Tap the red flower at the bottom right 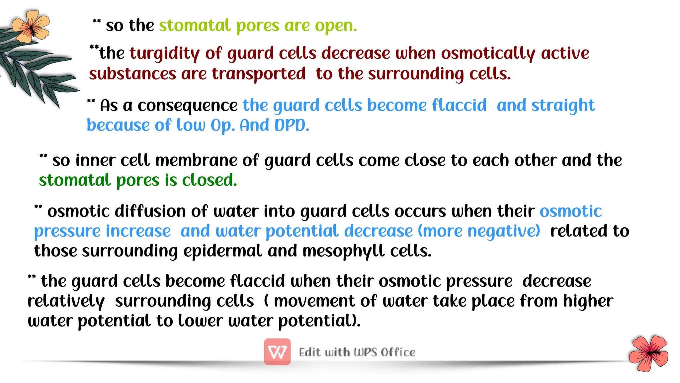649,353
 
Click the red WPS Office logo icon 277,352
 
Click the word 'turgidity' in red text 165,53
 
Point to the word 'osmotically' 488,53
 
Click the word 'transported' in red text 259,74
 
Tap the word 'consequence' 188,106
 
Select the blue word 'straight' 563,106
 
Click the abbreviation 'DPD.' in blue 292,126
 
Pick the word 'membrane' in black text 196,160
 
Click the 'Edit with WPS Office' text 357,352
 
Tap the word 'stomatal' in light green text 195,26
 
